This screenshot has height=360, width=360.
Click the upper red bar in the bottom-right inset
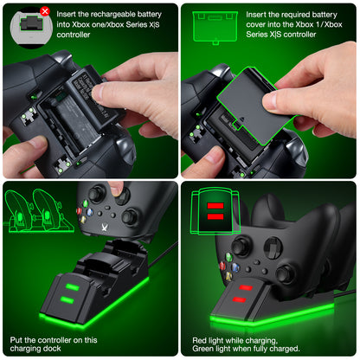pos(215,206)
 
